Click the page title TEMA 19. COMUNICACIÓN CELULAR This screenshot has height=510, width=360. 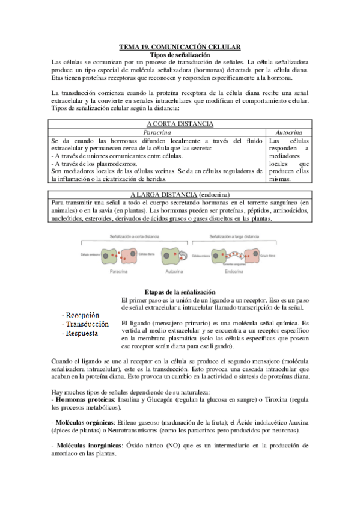tap(180, 47)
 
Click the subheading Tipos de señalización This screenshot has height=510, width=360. tap(180, 55)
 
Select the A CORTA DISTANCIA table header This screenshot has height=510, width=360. tap(180, 124)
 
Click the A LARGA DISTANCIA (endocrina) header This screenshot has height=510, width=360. tap(180, 195)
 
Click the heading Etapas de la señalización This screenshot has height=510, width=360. tap(180, 291)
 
